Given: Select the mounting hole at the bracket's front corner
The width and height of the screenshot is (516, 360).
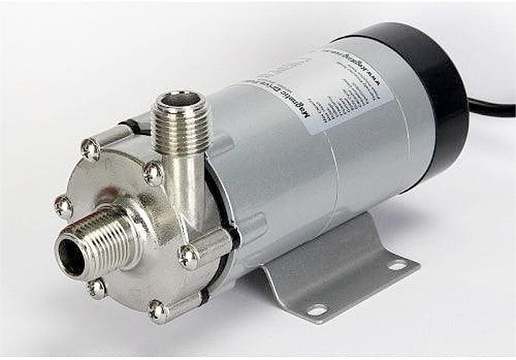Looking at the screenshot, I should (316, 311).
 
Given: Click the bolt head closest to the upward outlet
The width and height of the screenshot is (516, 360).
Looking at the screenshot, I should (153, 173).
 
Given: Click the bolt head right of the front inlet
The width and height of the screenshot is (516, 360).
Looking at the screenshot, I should (189, 255).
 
